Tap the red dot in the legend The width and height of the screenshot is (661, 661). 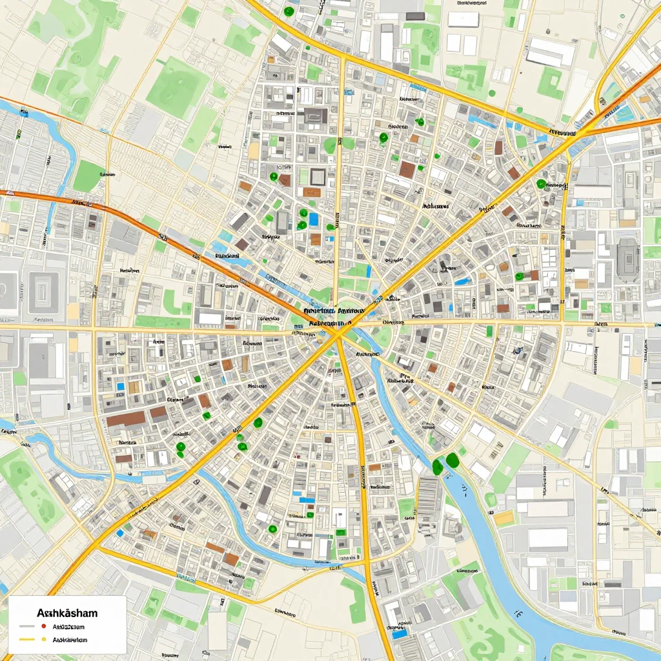coord(43,626)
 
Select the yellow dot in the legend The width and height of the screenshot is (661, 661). coord(43,640)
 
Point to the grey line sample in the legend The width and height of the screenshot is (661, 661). coord(26,626)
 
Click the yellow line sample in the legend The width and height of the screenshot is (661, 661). coord(26,640)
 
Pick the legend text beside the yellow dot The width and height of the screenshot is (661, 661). coord(70,640)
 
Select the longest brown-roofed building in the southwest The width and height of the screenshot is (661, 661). coord(126,420)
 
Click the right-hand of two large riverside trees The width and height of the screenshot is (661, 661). coord(453,460)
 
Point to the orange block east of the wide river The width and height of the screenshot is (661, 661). coord(503,518)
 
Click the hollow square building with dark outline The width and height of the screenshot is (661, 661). coord(318,176)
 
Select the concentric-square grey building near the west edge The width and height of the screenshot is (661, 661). coord(44,292)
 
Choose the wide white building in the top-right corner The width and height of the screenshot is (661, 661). coord(550,52)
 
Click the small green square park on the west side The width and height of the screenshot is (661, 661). coord(88,176)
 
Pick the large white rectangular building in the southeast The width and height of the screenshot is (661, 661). coord(547,538)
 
